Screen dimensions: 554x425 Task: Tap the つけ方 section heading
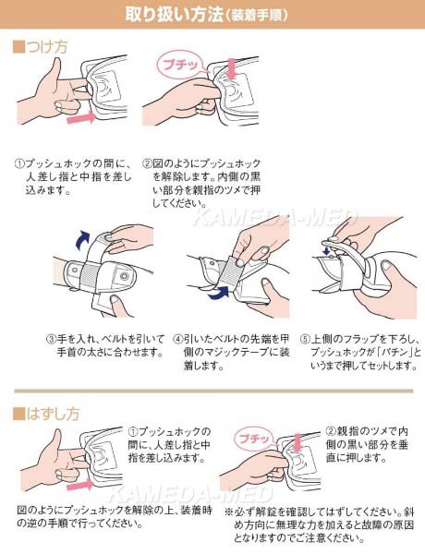click(46, 45)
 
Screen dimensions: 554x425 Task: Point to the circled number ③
click(51, 339)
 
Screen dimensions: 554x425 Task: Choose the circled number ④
click(178, 339)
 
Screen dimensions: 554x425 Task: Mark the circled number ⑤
click(300, 339)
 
